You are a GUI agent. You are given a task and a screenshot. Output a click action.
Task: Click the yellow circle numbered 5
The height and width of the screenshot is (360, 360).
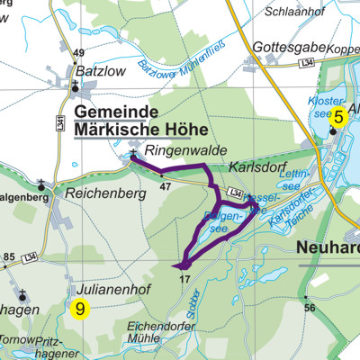[x=338, y=115]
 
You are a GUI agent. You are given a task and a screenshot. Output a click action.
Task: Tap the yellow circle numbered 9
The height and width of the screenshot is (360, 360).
[x=81, y=309]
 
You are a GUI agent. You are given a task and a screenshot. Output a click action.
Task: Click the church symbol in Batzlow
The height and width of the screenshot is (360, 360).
[x=76, y=87]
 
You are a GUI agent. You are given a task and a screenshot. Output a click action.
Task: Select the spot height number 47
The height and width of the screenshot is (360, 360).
[x=165, y=186]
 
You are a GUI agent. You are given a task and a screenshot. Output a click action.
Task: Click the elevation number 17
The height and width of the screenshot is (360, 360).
[x=184, y=280]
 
